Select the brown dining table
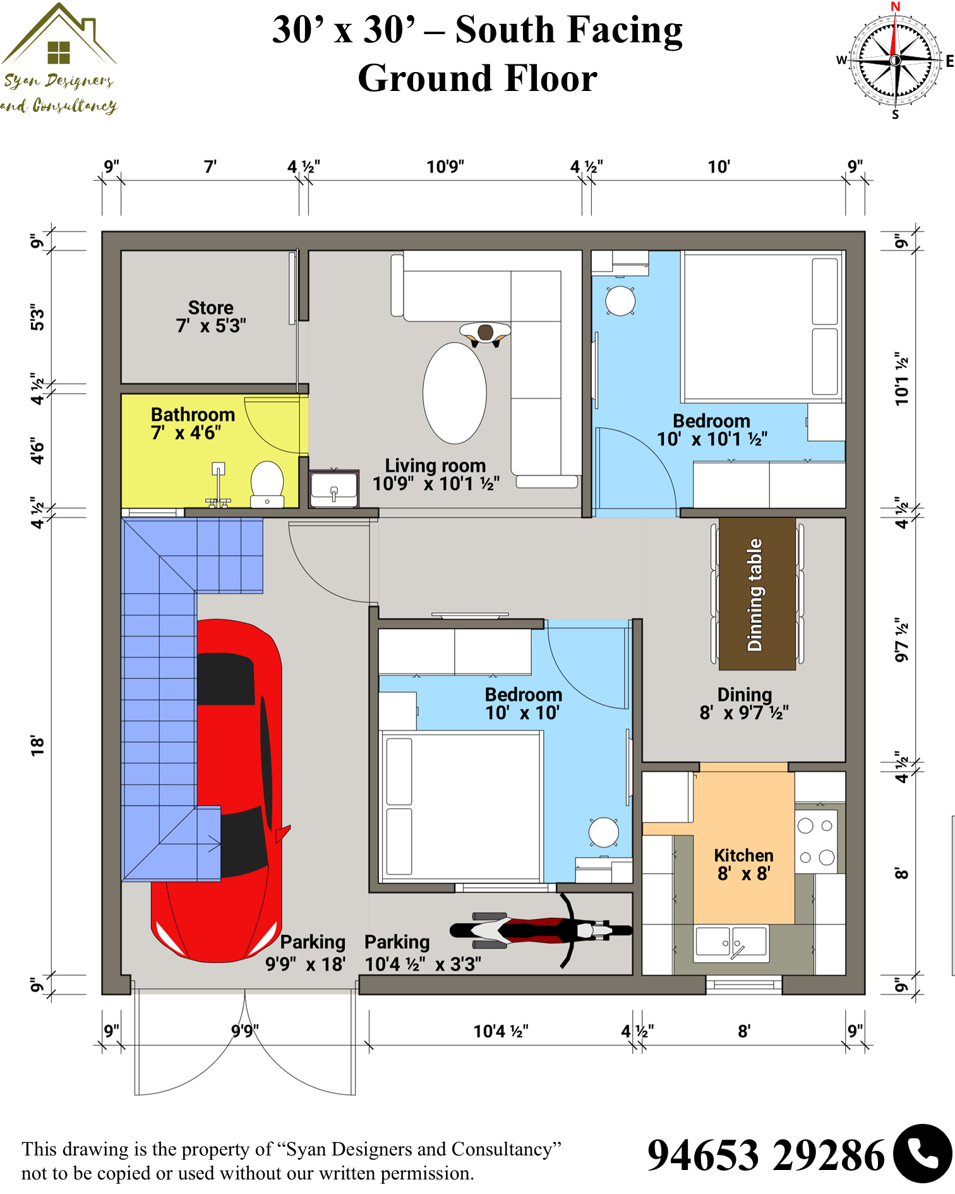757,594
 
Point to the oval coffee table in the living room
455,393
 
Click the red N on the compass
895,6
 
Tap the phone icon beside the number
923,1154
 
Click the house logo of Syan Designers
59,35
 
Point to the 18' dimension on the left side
37,745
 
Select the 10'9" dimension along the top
445,167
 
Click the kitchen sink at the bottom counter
731,943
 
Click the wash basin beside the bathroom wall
334,488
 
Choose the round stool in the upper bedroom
620,301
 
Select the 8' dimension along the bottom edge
744,1031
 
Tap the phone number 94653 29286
766,1155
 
